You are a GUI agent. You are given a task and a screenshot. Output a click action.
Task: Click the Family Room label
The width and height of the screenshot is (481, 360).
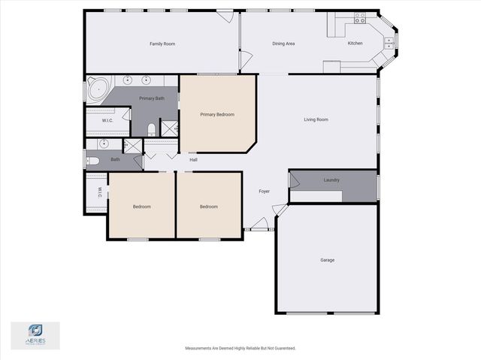point(162,44)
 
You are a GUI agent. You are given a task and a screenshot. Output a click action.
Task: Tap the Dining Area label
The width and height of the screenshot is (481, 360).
point(283,44)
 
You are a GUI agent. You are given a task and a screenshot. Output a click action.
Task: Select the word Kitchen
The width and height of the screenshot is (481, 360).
point(355,44)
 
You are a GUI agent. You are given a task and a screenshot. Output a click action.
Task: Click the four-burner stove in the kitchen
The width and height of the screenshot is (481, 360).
point(360,16)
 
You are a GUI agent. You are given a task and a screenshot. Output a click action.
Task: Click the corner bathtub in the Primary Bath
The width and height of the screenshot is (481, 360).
point(97,89)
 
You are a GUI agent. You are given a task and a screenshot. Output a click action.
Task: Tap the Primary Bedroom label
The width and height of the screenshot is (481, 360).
point(217,115)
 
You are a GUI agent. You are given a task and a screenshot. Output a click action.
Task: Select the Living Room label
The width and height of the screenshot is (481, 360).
point(316,119)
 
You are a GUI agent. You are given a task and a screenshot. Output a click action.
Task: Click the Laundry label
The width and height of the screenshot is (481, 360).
point(331,180)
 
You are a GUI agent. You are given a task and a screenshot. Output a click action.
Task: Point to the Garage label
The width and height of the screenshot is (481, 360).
point(327,260)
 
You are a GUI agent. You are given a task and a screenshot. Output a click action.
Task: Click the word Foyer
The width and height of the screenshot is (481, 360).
point(265,192)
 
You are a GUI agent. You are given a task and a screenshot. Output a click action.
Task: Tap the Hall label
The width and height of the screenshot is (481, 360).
point(193,159)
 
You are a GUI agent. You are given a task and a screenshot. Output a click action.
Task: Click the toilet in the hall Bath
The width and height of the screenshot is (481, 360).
point(93,160)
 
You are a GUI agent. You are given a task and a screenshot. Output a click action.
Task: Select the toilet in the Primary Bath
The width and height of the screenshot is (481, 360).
point(151,129)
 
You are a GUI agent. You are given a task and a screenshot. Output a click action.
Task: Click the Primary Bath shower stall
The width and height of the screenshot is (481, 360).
point(169,128)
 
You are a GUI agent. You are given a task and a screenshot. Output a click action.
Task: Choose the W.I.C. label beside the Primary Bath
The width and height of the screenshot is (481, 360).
point(107,120)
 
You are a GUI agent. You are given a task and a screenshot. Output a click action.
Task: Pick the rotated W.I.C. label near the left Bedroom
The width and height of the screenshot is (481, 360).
point(99,192)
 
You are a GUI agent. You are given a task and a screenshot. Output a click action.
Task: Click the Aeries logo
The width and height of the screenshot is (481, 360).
point(35,335)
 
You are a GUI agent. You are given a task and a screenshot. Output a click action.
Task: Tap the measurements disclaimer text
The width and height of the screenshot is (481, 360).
point(240,348)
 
